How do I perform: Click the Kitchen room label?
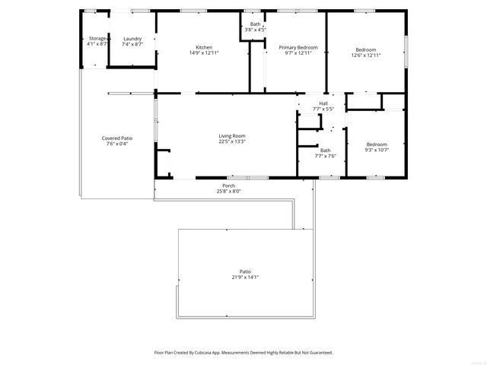[x=204, y=48]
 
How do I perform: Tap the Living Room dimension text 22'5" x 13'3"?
[x=232, y=141]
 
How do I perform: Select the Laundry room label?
[x=133, y=38]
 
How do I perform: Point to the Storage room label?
[x=97, y=38]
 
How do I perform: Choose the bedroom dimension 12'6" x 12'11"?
[x=366, y=56]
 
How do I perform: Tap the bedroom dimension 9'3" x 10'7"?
[x=377, y=150]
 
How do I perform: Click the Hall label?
[x=323, y=103]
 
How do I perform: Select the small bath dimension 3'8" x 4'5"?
[x=256, y=30]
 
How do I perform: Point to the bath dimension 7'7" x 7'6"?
[x=326, y=156]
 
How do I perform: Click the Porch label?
[x=228, y=186]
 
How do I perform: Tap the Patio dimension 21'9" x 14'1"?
[x=245, y=277]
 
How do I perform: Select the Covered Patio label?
[x=117, y=138]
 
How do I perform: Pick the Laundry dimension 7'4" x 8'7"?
[x=133, y=44]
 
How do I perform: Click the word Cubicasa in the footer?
[x=215, y=353]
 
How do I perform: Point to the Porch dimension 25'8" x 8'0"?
[x=228, y=192]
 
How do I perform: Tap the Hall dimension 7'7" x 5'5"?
[x=323, y=109]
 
